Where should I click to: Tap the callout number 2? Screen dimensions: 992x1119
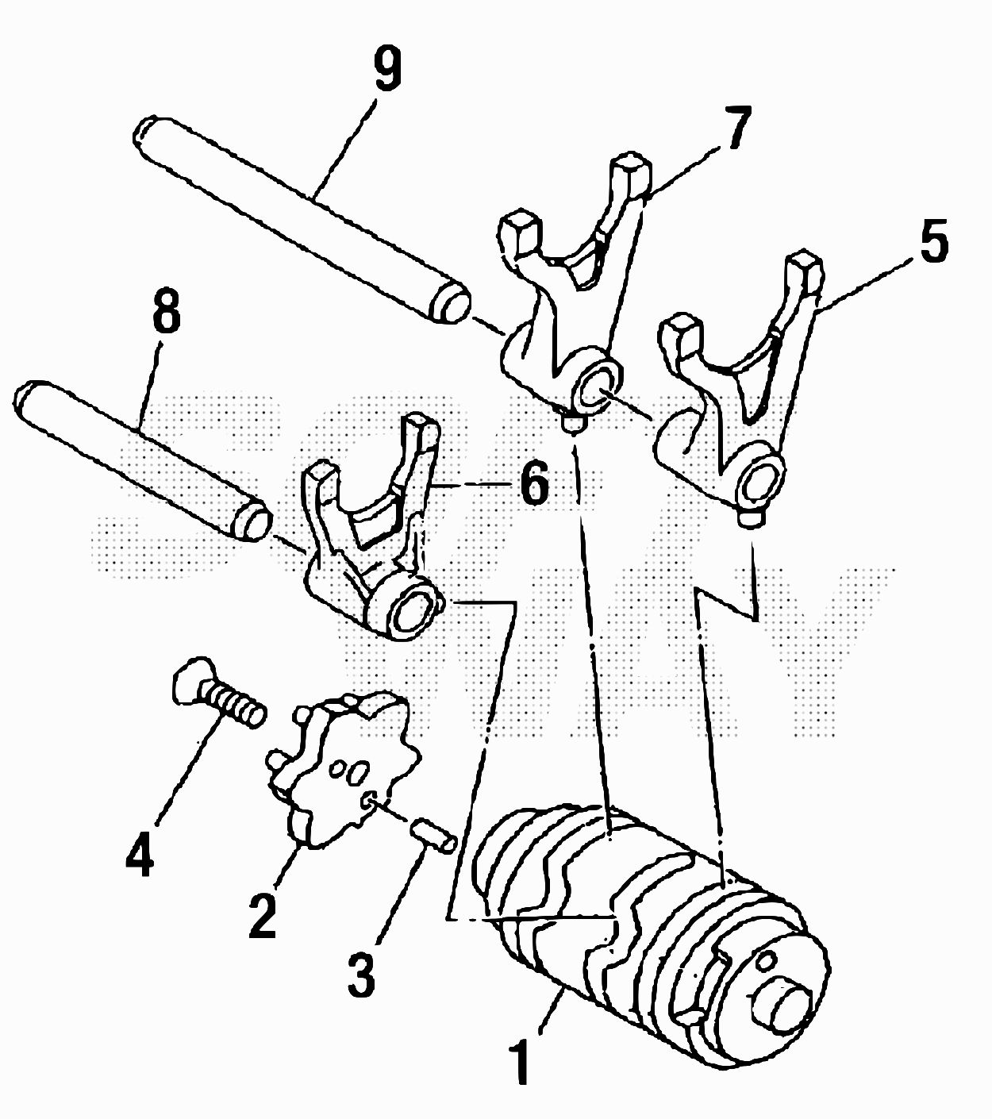[263, 913]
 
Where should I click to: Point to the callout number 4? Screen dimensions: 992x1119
[139, 851]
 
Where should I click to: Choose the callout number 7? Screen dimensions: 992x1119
[733, 126]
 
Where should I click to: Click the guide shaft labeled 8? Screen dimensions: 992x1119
[140, 460]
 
